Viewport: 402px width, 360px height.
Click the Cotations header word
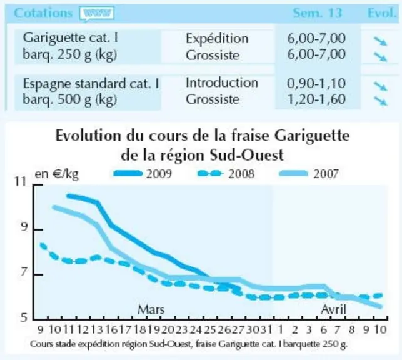point(43,12)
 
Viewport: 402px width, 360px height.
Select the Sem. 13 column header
point(317,12)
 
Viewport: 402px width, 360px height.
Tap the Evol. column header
point(382,12)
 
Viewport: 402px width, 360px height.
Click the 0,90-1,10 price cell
point(316,84)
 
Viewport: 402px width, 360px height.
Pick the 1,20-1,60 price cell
point(316,99)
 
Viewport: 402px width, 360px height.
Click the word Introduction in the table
point(222,82)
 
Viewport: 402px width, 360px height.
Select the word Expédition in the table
point(217,39)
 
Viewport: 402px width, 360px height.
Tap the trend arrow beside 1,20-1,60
point(380,101)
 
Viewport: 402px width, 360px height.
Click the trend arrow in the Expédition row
point(380,41)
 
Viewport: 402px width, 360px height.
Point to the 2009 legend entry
point(143,174)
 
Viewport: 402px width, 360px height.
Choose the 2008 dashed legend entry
point(226,174)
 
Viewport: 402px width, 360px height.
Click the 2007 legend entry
point(309,174)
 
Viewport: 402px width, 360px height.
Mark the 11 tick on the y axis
point(21,181)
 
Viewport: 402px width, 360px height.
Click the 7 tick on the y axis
point(24,272)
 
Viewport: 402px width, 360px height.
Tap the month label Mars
point(151,309)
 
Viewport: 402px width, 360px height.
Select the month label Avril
point(334,309)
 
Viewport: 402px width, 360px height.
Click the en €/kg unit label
point(57,174)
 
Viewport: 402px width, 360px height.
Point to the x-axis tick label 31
point(266,329)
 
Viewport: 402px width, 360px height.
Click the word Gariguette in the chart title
point(312,136)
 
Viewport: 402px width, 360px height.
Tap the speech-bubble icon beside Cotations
point(97,13)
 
